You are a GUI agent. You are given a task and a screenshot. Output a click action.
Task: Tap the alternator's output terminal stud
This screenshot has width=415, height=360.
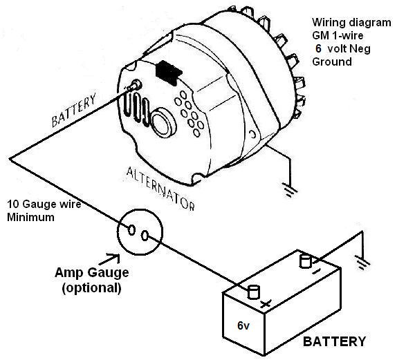[x=133, y=87]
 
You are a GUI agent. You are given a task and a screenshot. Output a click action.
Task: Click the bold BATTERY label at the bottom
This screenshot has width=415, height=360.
[x=335, y=341]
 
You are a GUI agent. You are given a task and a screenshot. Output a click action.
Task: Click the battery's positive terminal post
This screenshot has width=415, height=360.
[x=253, y=291]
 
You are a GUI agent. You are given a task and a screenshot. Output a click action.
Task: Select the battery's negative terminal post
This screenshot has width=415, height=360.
[x=304, y=260]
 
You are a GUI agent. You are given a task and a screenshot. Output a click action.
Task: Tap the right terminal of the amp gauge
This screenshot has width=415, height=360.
[x=145, y=236]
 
